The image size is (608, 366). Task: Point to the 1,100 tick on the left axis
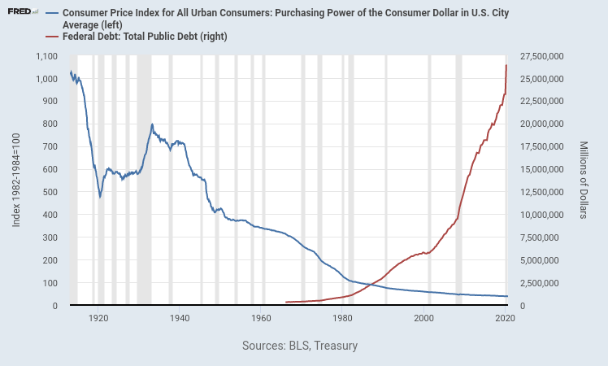coord(46,55)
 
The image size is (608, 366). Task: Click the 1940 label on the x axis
coord(180,319)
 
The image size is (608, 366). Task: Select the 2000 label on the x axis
coord(423,319)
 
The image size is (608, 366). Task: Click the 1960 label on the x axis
coord(261,319)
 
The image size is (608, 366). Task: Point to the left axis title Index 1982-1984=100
coord(16,181)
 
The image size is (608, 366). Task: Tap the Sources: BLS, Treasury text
coord(300,346)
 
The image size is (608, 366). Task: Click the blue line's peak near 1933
coord(152,124)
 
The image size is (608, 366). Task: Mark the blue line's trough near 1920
coord(100,196)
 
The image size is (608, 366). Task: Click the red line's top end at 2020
coord(506,65)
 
